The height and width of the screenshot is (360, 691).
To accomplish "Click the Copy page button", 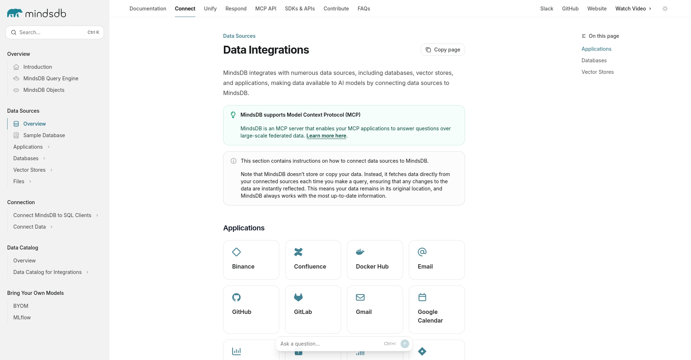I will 443,50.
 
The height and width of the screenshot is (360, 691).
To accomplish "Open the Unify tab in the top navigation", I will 210,9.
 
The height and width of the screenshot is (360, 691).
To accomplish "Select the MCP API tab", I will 266,9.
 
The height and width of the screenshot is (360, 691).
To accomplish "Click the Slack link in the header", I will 546,9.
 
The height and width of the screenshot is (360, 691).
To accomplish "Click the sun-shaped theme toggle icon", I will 665,9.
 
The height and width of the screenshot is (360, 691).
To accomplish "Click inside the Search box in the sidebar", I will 50,32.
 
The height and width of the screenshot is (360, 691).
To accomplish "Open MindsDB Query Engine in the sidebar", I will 51,78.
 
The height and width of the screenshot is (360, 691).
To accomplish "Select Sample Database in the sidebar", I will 44,135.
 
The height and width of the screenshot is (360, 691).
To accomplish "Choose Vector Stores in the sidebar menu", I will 30,170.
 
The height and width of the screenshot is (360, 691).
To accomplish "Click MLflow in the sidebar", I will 22,318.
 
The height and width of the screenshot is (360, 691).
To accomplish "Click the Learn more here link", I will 326,136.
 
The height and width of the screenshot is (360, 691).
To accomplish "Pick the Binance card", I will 251,260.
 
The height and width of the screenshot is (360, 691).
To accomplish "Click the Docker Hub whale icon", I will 360,252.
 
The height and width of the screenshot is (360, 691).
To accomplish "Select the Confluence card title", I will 310,266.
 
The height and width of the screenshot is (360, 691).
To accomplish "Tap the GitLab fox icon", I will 298,297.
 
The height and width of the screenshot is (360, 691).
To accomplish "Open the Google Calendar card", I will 437,310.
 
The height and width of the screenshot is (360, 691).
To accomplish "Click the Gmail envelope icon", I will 360,297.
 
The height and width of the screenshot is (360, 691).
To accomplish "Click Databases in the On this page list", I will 594,60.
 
